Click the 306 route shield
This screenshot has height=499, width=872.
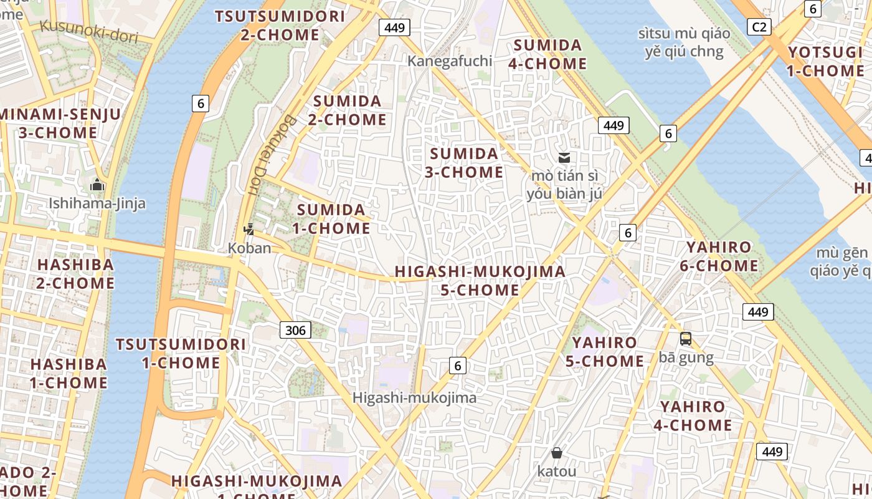[295, 330]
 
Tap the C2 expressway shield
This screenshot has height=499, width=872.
[759, 26]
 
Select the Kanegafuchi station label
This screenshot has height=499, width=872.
[450, 61]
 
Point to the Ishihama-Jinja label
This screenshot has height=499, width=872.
[97, 203]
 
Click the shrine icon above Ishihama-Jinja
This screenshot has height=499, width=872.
[97, 185]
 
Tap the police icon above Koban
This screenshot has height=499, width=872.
[249, 230]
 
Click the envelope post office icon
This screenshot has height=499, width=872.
[564, 157]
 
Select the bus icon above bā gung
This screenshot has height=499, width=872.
[686, 339]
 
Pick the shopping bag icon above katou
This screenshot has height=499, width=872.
[556, 453]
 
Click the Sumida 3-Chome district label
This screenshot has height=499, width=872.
[464, 163]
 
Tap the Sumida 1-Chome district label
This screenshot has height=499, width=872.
[331, 219]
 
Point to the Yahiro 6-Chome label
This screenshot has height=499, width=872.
[719, 256]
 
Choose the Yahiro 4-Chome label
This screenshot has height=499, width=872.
[693, 416]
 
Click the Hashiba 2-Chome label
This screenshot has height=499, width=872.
[76, 274]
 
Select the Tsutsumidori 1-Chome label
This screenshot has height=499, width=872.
[181, 354]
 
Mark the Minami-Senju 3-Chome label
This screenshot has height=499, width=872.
[60, 124]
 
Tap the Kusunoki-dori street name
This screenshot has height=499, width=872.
[88, 29]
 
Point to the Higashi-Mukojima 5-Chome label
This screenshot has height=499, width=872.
[480, 281]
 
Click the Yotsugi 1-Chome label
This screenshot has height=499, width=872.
[825, 61]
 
